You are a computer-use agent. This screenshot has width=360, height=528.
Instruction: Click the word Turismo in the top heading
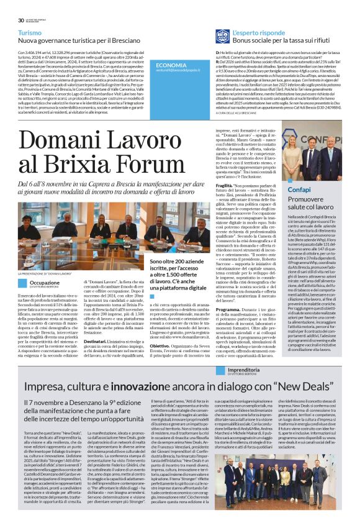(30, 32)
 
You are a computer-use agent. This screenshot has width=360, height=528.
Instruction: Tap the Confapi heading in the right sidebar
(299, 189)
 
